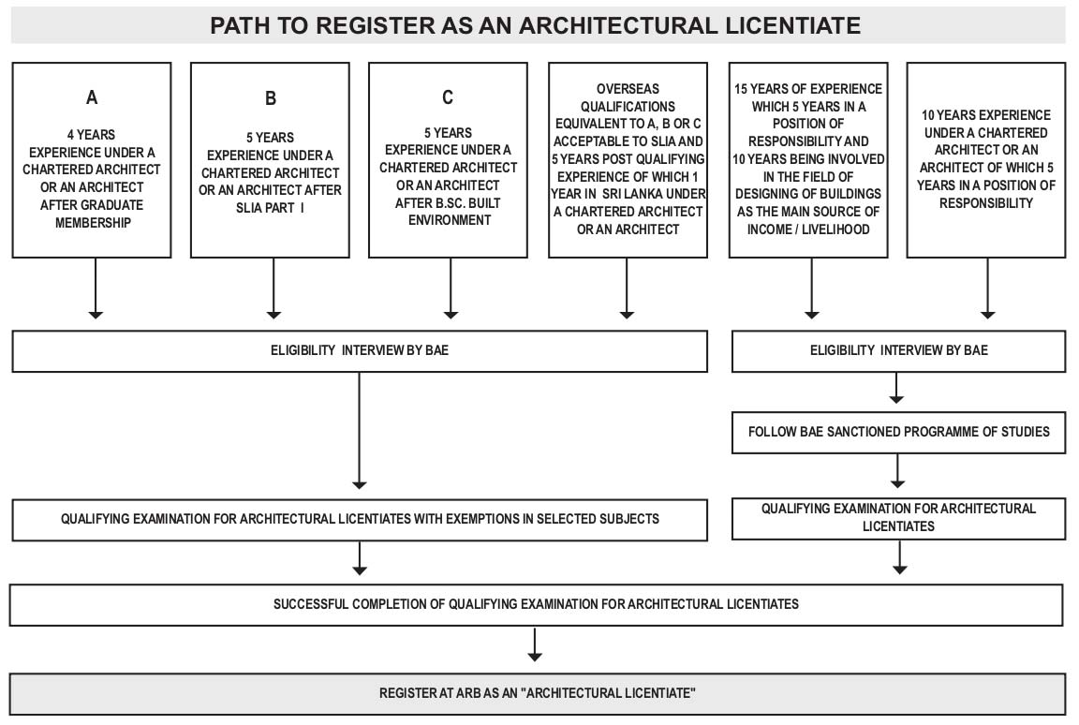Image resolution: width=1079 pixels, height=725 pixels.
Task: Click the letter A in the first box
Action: [x=92, y=97]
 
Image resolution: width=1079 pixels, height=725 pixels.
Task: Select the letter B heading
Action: [x=271, y=98]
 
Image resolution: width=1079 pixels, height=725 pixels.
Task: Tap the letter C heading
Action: [x=448, y=97]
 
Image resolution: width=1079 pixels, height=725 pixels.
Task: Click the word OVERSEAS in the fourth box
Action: [x=628, y=89]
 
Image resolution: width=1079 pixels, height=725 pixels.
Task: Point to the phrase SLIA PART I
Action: [x=270, y=208]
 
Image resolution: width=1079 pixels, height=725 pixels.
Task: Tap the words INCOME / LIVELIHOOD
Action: [x=808, y=229]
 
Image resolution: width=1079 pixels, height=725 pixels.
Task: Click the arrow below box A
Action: [x=96, y=289]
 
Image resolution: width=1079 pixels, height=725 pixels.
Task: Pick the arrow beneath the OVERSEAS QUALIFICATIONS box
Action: [x=627, y=289]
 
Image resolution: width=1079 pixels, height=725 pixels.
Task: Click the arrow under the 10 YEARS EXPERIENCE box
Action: [x=988, y=289]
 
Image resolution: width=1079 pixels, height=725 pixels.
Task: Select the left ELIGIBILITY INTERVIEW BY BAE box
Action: [x=360, y=351]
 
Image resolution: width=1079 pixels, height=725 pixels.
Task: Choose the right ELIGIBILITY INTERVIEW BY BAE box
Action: [x=899, y=351]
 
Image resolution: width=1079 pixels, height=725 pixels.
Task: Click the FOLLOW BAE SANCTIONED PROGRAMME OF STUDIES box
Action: [x=899, y=433]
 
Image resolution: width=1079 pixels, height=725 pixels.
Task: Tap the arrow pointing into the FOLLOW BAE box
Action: [x=896, y=388]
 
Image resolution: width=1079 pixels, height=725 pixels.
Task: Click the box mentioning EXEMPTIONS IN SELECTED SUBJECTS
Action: [x=360, y=520]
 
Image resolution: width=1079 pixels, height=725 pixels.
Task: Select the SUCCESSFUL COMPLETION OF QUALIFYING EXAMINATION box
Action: [x=536, y=605]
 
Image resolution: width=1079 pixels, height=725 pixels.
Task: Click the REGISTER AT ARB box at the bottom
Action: [x=538, y=694]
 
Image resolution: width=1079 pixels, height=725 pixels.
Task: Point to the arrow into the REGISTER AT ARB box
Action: [x=535, y=644]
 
